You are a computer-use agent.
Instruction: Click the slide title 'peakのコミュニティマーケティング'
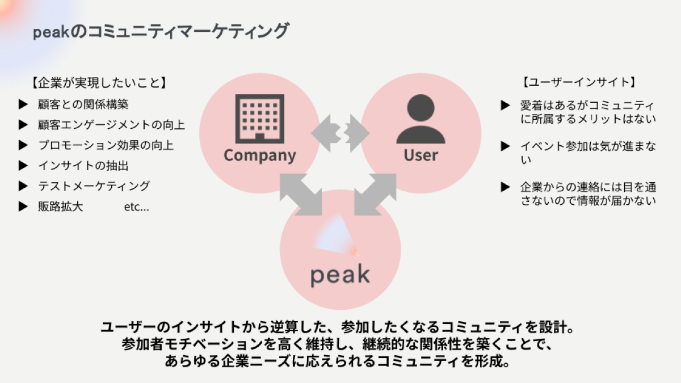pyautogui.click(x=161, y=32)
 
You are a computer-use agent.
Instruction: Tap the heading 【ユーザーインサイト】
pyautogui.click(x=578, y=82)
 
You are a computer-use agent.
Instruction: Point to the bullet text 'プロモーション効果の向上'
pyautogui.click(x=106, y=145)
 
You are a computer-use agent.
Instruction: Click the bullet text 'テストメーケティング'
pyautogui.click(x=94, y=186)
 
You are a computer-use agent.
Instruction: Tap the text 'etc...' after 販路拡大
pyautogui.click(x=136, y=207)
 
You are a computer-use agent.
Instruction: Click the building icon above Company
pyautogui.click(x=259, y=119)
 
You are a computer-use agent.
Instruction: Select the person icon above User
pyautogui.click(x=421, y=119)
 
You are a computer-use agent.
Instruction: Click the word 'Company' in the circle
pyautogui.click(x=259, y=155)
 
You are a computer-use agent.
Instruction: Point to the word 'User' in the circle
pyautogui.click(x=421, y=155)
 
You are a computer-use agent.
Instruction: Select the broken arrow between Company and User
pyautogui.click(x=340, y=133)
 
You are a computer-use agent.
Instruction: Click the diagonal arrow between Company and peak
pyautogui.click(x=301, y=195)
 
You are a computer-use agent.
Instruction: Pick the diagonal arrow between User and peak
pyautogui.click(x=375, y=195)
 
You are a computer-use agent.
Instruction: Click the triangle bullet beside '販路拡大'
pyautogui.click(x=23, y=207)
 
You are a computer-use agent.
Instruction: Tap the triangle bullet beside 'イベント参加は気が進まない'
pyautogui.click(x=506, y=146)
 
